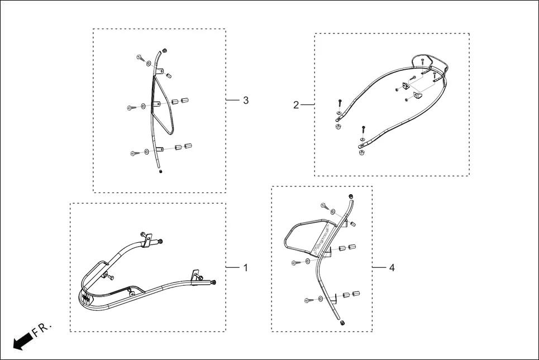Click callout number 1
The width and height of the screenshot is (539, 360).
click(x=245, y=267)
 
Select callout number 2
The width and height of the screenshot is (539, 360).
click(x=296, y=105)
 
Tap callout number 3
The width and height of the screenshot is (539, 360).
click(x=246, y=100)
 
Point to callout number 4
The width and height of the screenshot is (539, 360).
click(x=392, y=267)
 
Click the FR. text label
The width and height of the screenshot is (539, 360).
click(x=42, y=329)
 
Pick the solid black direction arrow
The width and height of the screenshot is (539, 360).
click(x=23, y=342)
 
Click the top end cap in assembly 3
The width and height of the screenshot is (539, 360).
click(x=165, y=51)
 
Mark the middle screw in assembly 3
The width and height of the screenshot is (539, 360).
click(x=132, y=108)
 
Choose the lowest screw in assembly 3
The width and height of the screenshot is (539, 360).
click(x=135, y=153)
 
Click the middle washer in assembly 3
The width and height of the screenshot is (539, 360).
click(x=143, y=106)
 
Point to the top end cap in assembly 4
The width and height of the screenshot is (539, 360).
click(x=351, y=196)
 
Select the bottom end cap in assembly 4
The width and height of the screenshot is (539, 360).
click(x=342, y=323)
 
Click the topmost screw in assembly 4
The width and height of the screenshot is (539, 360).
click(x=325, y=205)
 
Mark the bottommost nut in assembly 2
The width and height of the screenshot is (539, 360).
click(x=361, y=152)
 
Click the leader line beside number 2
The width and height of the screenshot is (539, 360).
click(x=308, y=104)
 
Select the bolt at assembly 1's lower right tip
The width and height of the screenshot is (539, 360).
click(x=214, y=282)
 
